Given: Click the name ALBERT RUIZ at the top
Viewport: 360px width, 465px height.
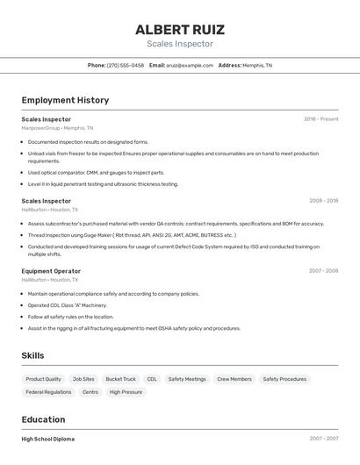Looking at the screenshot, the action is (179, 29).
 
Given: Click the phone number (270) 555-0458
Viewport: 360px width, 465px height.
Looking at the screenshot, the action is (126, 65).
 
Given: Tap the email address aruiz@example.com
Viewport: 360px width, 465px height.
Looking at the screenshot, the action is (191, 65).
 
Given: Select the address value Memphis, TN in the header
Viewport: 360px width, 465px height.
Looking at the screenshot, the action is (257, 65).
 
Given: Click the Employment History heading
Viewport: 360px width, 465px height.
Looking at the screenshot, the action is (65, 100).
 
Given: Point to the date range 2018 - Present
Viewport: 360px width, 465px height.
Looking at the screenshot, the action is (320, 119).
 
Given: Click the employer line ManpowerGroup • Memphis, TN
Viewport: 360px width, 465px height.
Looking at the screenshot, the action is (57, 128).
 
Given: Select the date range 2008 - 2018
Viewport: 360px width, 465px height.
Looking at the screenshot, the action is (323, 201).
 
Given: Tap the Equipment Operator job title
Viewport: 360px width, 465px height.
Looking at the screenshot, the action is (51, 271).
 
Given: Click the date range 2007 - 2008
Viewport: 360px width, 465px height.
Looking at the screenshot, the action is (323, 271).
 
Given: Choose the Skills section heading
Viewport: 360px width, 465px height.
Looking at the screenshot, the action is (33, 355).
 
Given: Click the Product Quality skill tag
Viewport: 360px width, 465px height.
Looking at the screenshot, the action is (44, 379).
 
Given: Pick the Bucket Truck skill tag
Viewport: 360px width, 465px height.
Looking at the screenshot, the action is (120, 379).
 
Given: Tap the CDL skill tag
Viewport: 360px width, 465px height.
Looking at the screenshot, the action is (152, 379).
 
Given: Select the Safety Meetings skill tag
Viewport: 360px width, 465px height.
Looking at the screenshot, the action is (187, 379).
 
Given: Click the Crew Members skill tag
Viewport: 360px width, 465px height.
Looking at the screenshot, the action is (234, 379).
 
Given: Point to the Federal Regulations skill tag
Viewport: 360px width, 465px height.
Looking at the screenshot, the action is (48, 392).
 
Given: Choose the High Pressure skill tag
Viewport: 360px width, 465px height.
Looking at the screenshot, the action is (126, 392).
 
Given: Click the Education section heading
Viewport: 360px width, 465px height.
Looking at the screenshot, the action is (43, 419).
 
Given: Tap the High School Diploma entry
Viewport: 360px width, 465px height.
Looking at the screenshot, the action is (48, 439).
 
